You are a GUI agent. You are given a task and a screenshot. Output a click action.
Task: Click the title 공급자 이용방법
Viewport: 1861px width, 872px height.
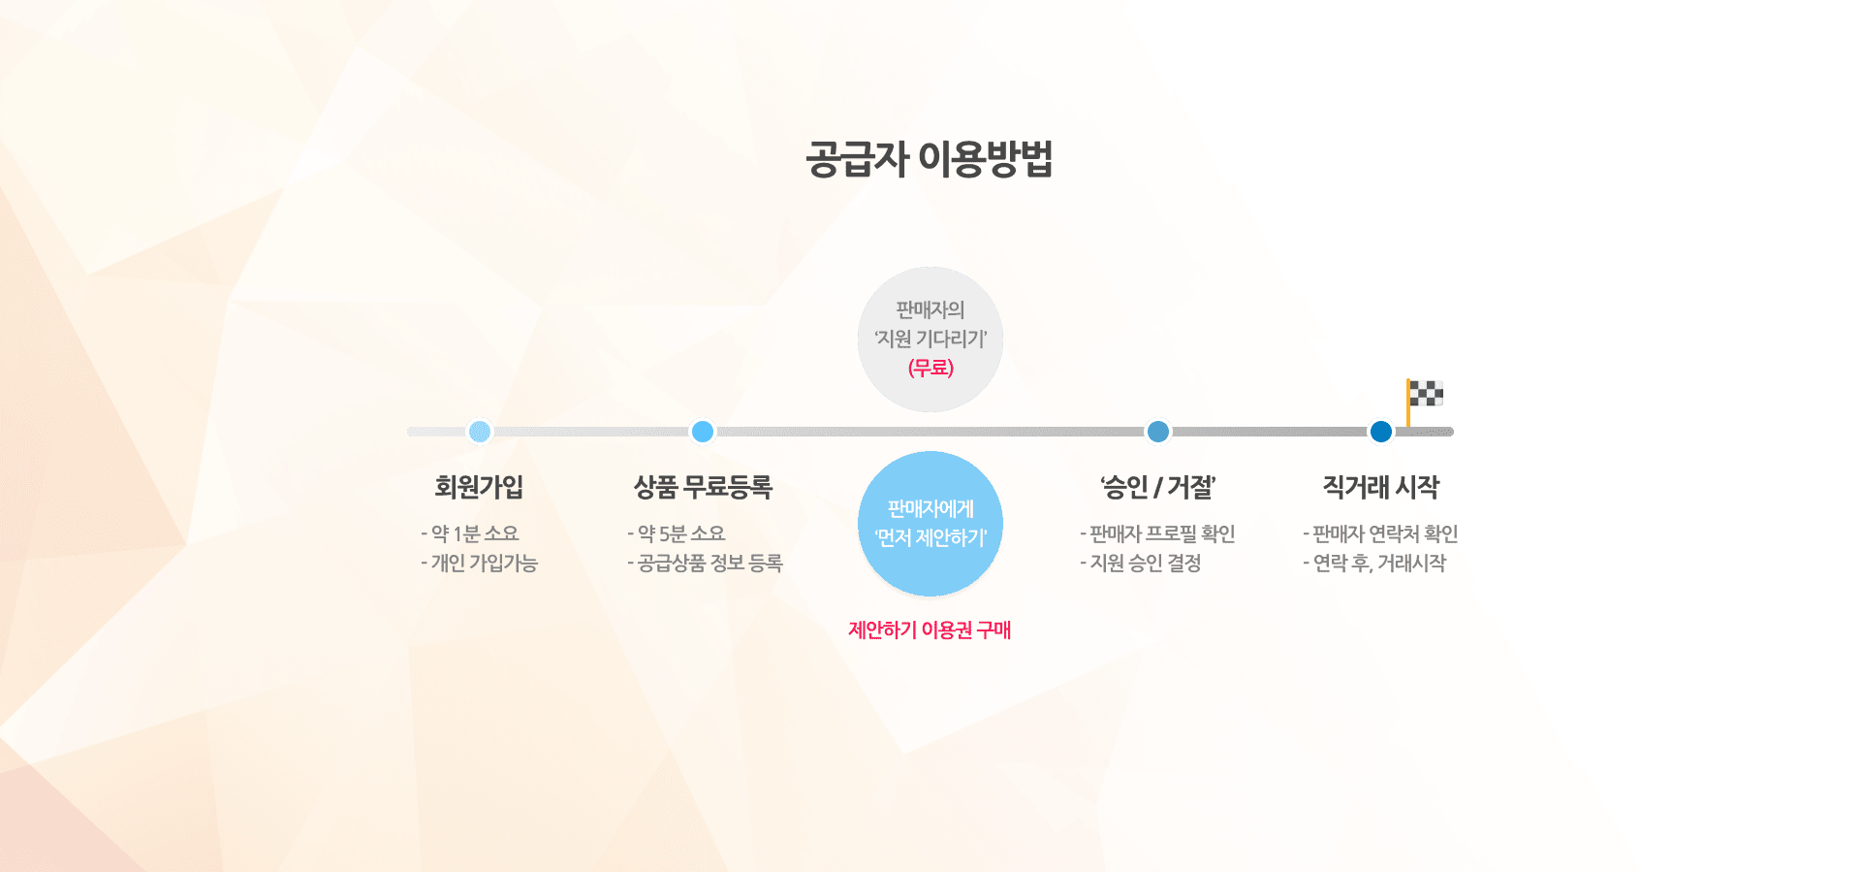pos(930,159)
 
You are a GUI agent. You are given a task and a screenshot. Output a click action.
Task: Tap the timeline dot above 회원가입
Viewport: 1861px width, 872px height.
pos(479,432)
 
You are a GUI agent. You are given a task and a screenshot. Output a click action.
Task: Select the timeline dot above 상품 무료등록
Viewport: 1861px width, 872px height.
pos(703,432)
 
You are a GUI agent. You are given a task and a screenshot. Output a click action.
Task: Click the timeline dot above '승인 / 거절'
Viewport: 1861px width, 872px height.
pos(1157,432)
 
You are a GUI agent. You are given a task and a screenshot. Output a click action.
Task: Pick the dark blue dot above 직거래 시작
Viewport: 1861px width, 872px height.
pos(1381,432)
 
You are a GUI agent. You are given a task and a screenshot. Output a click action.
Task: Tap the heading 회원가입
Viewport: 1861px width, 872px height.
pos(479,487)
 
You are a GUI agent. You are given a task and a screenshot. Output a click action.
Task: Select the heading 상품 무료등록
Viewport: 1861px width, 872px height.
pos(703,487)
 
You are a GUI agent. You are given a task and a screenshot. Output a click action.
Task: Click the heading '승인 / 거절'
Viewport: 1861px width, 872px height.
pos(1157,487)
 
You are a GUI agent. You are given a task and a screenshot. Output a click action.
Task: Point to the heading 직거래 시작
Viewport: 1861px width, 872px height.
pos(1381,487)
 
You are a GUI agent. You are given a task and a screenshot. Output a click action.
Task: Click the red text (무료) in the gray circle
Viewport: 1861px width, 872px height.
pos(930,368)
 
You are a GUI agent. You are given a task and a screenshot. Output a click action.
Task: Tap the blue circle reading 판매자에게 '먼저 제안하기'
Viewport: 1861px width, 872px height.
pos(930,524)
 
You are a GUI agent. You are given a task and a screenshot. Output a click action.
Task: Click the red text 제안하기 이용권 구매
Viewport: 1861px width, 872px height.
pos(930,630)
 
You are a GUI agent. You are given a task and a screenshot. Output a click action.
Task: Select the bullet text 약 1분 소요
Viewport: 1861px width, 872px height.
pos(470,533)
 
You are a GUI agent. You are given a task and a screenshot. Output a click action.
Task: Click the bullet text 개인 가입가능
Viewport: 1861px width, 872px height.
pos(479,563)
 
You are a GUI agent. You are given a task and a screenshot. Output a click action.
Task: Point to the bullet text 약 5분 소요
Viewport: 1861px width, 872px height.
pos(677,533)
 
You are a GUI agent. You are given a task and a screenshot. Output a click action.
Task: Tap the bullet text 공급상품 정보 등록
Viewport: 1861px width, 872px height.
pos(705,563)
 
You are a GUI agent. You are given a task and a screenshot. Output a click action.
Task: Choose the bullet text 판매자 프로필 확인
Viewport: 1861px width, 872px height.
pos(1157,533)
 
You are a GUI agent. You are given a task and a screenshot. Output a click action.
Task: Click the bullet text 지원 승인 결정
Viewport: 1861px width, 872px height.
pos(1141,563)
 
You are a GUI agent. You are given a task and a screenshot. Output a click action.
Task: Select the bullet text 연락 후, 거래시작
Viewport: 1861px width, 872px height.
pos(1374,563)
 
